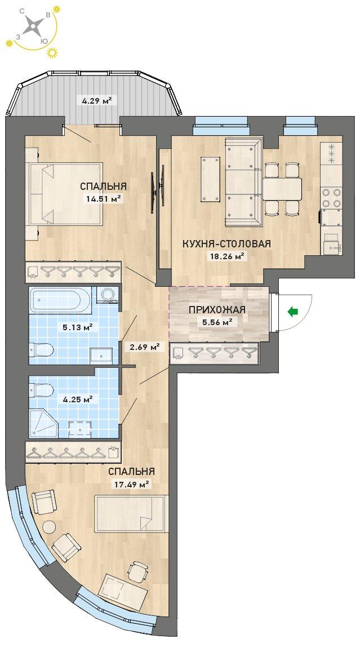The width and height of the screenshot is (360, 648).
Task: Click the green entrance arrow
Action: [x=293, y=312]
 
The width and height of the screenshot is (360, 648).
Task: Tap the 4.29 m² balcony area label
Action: [x=95, y=100]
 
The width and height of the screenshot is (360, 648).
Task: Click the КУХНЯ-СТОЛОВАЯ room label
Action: [x=226, y=244]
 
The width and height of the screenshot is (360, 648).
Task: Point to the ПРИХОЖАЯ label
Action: [x=217, y=309]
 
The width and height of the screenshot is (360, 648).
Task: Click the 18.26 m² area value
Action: [x=226, y=256]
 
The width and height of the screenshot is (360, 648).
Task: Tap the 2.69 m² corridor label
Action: [x=145, y=347]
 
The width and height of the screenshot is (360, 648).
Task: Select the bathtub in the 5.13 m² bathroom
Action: [x=60, y=300]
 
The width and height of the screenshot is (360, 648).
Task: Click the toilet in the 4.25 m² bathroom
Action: [x=42, y=390]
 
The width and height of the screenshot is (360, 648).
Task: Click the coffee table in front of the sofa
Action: [x=211, y=179]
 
